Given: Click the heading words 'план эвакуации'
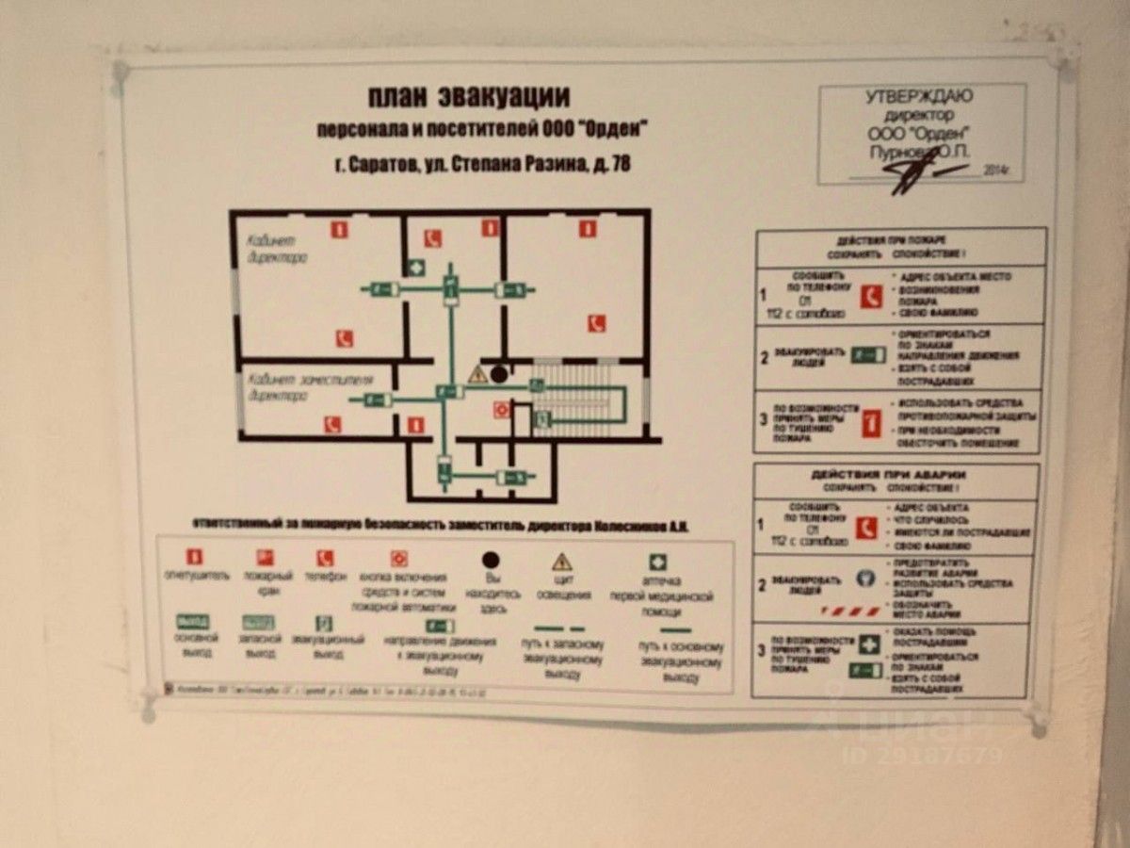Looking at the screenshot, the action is [x=468, y=98].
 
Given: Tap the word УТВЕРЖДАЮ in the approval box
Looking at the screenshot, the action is [x=919, y=96].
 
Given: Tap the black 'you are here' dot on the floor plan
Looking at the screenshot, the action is [x=499, y=374].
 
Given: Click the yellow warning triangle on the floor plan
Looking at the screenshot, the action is [x=477, y=375].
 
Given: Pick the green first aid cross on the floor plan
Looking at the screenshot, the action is [x=416, y=267].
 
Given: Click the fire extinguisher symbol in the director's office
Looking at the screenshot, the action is [x=338, y=228].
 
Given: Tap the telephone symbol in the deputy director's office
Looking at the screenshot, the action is [x=331, y=424].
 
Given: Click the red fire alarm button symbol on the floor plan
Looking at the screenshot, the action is [x=501, y=409].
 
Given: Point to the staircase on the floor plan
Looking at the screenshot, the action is [x=576, y=396].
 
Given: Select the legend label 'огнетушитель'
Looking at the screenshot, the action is [x=196, y=575].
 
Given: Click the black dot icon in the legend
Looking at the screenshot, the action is [x=490, y=561].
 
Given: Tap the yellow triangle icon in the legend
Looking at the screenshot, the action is [x=562, y=562].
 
